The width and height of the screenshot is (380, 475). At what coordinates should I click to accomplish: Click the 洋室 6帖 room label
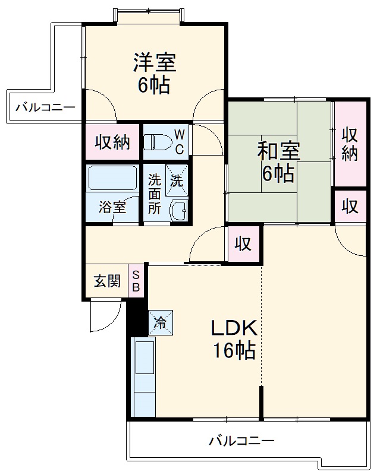[x=154, y=74]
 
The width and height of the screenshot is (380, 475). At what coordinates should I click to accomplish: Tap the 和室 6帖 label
[x=278, y=161]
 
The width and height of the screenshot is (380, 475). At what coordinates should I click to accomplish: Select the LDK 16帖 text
[x=234, y=340]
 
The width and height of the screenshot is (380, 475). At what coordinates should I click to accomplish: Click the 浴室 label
[x=112, y=208]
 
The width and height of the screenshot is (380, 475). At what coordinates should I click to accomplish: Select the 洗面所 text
[x=155, y=194]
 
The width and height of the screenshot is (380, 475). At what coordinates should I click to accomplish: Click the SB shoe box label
[x=136, y=281]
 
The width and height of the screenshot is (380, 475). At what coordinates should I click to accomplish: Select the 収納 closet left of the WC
[x=112, y=142]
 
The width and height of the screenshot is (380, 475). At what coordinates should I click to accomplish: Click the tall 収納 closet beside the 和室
[x=349, y=144]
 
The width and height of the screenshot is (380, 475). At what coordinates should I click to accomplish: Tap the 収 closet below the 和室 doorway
[x=243, y=243]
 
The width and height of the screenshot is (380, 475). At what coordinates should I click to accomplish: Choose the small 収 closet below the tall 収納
[x=350, y=206]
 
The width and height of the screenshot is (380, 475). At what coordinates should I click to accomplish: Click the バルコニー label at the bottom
[x=241, y=441]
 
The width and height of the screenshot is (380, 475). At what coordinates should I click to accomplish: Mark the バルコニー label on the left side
[x=45, y=107]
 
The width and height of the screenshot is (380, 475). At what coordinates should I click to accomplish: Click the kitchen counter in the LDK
[x=143, y=377]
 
